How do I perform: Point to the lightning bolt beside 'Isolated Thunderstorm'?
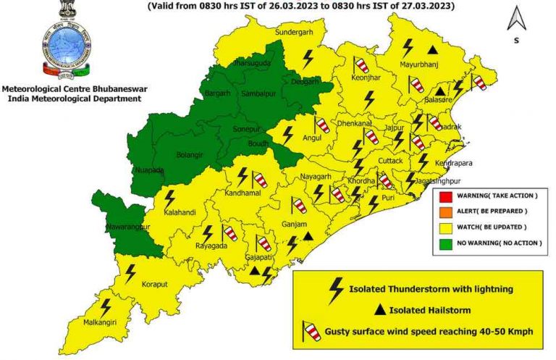click(336, 289)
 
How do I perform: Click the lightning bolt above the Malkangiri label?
click(106, 307)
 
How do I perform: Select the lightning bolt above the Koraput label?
click(131, 273)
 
